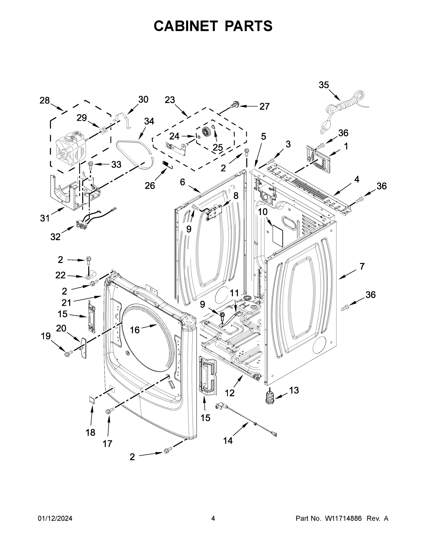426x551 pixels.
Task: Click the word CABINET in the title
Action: point(186,26)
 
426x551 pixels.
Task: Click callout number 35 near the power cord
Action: point(324,85)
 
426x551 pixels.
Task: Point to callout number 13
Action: point(294,390)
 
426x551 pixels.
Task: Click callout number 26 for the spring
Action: point(150,186)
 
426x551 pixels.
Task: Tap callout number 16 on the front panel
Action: point(135,330)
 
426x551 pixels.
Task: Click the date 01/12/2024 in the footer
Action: point(55,518)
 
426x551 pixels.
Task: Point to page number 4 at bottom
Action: point(213,518)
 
